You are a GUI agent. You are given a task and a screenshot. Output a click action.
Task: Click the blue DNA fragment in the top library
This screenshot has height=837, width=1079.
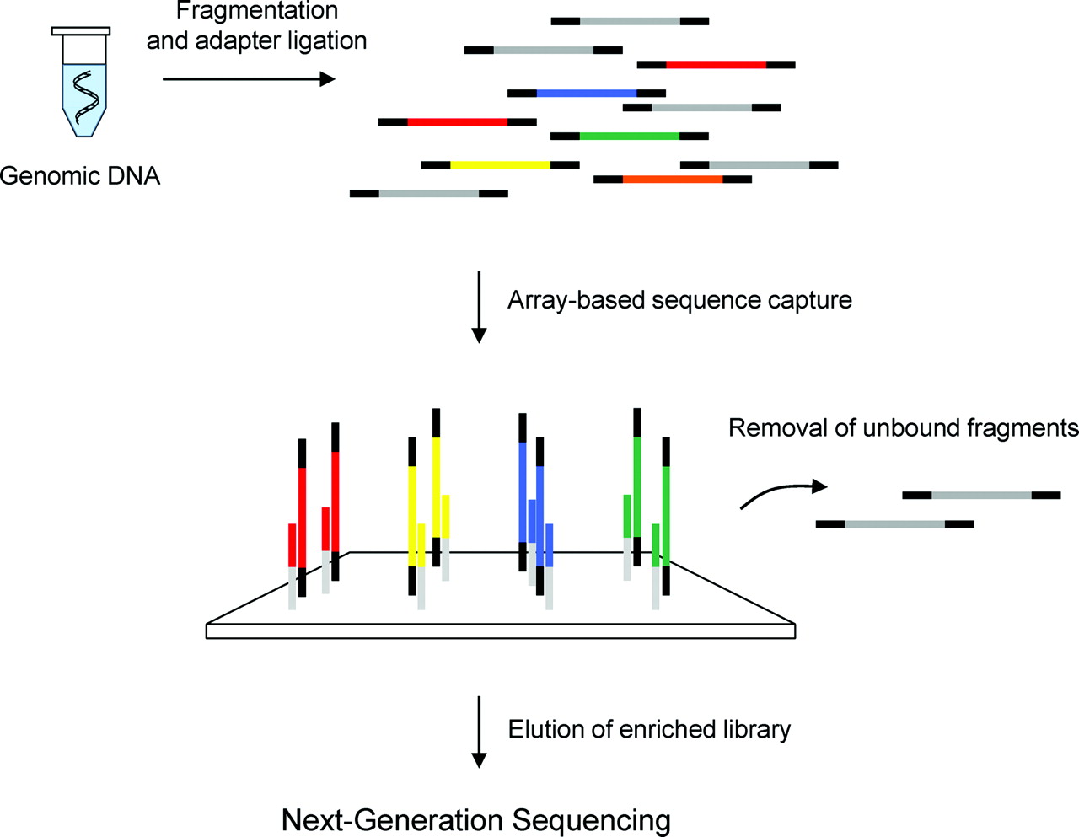(587, 93)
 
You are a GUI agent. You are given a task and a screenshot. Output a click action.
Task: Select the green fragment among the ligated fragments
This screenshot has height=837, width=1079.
(629, 136)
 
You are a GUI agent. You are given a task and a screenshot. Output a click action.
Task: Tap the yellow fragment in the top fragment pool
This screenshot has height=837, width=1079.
(500, 164)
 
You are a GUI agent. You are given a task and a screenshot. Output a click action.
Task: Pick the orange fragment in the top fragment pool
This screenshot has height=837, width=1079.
(672, 179)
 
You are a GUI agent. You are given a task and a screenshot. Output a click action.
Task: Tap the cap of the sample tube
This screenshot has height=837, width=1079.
(81, 31)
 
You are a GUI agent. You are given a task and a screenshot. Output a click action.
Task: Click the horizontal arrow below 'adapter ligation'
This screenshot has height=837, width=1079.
(248, 79)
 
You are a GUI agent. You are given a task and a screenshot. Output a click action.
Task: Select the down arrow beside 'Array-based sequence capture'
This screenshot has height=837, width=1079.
(479, 307)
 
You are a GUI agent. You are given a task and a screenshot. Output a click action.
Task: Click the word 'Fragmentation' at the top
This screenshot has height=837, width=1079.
(257, 11)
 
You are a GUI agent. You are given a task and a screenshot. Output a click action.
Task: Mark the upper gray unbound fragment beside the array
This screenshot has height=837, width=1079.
(981, 495)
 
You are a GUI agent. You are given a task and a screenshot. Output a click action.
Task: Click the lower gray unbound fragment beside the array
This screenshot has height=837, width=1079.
(894, 524)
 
